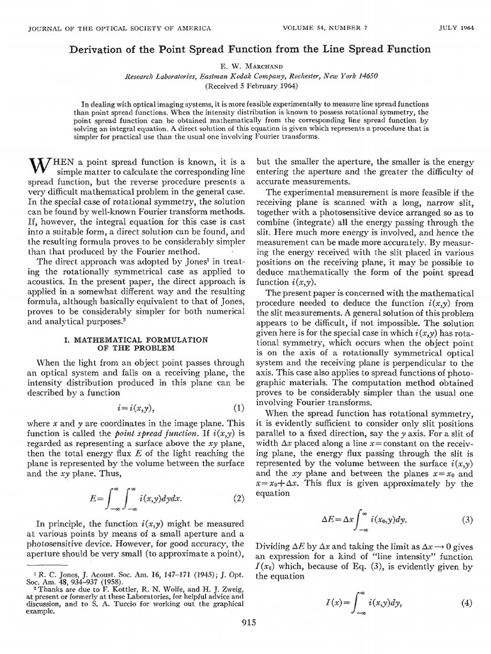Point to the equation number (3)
point(467,519)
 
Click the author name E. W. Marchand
point(245,64)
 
